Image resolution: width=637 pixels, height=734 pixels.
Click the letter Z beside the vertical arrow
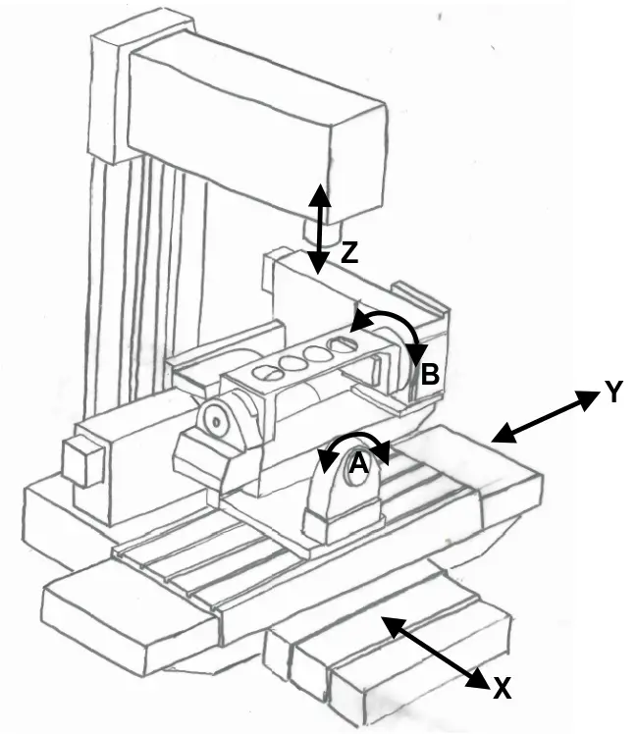[x=349, y=253]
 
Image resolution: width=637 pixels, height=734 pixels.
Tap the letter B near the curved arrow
[x=430, y=374]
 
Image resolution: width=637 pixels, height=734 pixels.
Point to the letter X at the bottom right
[x=502, y=689]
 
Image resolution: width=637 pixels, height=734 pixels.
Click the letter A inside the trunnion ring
[x=359, y=464]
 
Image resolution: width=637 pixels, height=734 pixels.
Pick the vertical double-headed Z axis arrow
[x=319, y=229]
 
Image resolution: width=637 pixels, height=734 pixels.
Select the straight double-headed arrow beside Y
[x=545, y=417]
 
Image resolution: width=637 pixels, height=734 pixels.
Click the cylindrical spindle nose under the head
[x=323, y=232]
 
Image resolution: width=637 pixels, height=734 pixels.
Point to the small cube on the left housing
[x=82, y=460]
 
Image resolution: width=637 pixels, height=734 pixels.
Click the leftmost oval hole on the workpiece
[x=267, y=373]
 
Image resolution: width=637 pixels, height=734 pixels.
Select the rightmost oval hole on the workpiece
[x=345, y=345]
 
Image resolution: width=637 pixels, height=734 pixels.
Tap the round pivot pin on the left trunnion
[x=216, y=421]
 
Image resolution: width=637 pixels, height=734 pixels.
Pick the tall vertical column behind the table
[x=145, y=220]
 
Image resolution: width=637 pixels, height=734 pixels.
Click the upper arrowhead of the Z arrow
[x=319, y=194]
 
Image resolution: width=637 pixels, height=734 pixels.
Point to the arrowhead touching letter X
[x=478, y=678]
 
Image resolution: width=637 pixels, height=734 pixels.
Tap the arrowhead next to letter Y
[x=588, y=398]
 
